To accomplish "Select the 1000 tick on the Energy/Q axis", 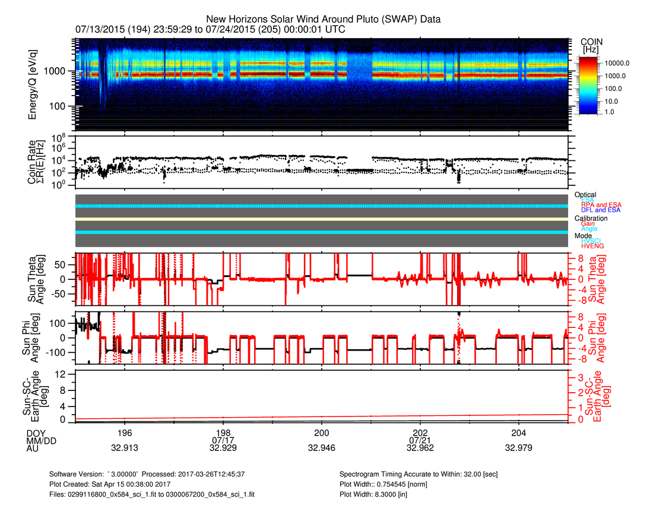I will click(60, 71).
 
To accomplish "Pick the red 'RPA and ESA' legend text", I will click(601, 205).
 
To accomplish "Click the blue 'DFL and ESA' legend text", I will click(600, 210).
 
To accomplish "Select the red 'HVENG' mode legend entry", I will click(592, 246).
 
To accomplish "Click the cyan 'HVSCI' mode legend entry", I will click(592, 241).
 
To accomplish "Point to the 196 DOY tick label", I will click(125, 432).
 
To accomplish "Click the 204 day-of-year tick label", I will click(519, 432).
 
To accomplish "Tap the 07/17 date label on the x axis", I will click(223, 440).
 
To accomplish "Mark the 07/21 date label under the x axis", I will click(420, 440).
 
